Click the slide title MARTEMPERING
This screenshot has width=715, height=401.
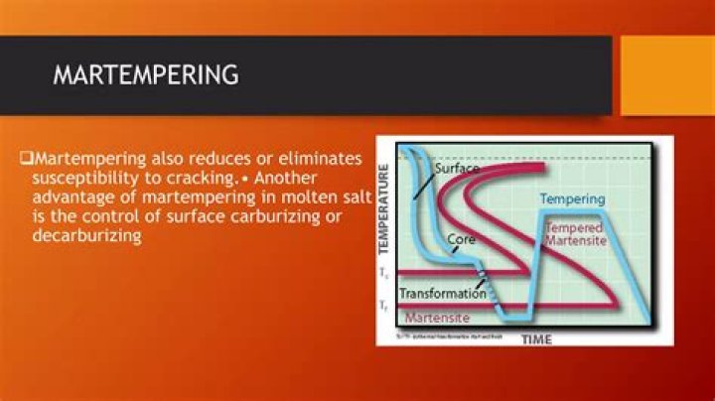pos(145,74)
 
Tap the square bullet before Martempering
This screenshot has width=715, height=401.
pos(27,159)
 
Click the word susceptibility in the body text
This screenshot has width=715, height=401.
pos(82,179)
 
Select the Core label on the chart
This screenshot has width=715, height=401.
pos(460,240)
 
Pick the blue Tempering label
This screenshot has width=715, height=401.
pos(572,199)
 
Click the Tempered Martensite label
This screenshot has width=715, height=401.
pos(575,235)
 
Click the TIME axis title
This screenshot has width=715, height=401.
pos(536,339)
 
